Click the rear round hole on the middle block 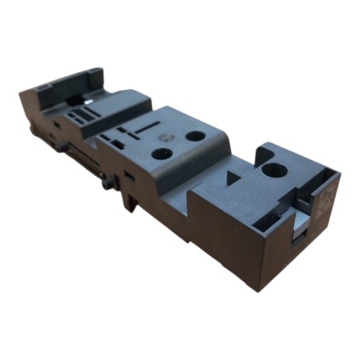pyautogui.click(x=194, y=136)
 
